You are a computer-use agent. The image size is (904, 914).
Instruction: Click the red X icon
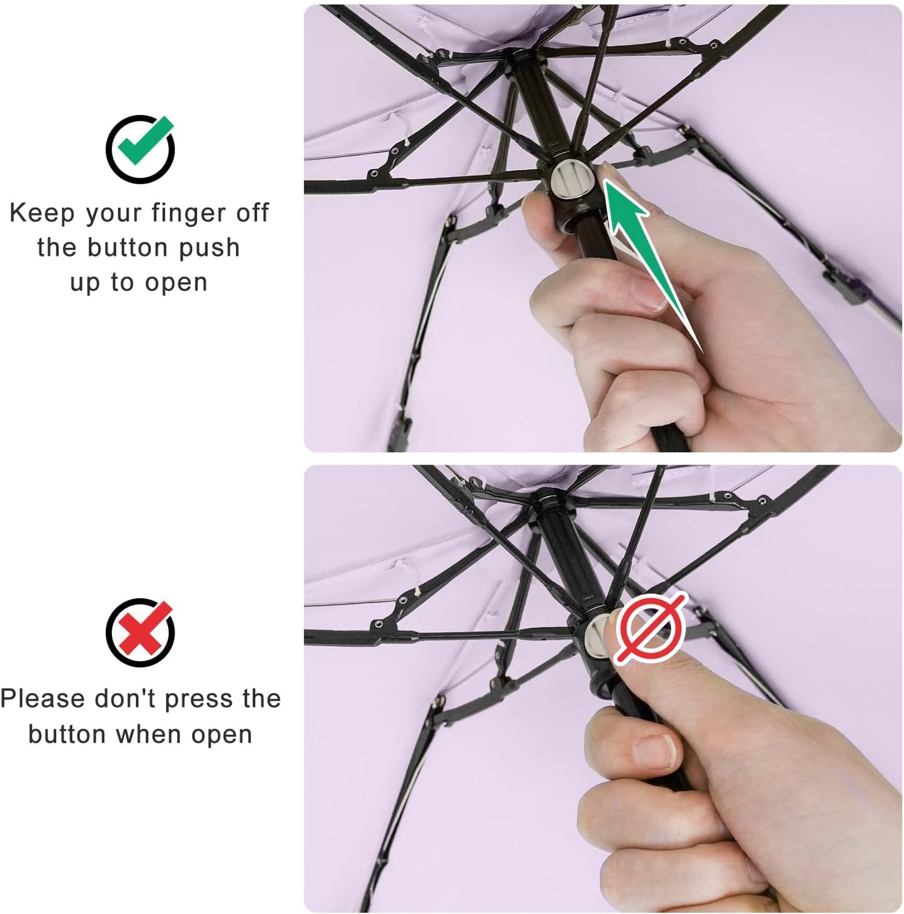coord(140,632)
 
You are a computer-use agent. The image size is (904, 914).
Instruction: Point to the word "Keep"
coord(41,213)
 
